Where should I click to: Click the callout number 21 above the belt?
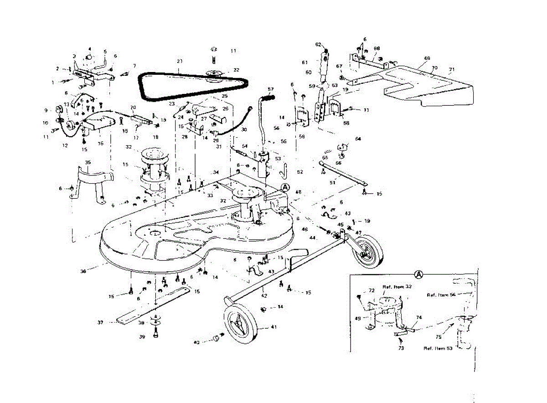point(179,61)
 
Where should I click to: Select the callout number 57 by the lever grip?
point(270,89)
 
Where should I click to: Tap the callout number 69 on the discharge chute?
point(427,58)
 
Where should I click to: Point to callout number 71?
point(451,69)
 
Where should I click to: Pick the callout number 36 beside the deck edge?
point(83,271)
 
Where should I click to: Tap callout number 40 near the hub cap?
point(196,342)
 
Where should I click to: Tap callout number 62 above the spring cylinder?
point(318,44)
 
